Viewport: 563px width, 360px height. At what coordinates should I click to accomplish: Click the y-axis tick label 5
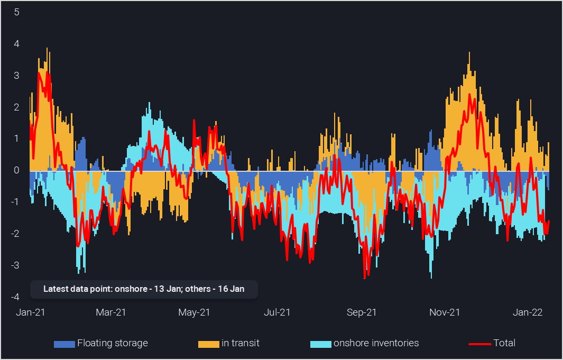click(x=16, y=12)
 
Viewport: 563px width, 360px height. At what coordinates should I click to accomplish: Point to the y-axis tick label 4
click(x=16, y=44)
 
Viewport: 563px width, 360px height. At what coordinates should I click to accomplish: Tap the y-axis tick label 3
click(x=16, y=76)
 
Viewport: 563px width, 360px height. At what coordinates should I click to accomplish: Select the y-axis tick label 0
click(x=16, y=170)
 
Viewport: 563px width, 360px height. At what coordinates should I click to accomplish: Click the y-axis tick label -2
click(x=15, y=234)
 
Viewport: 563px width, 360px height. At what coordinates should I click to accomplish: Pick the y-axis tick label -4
click(x=15, y=297)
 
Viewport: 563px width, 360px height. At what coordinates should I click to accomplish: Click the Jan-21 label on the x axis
click(x=31, y=312)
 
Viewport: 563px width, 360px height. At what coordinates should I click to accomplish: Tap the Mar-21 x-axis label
click(x=110, y=312)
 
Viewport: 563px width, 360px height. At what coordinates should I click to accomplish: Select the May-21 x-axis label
click(x=195, y=312)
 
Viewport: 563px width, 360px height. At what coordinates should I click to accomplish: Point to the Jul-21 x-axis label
click(x=278, y=312)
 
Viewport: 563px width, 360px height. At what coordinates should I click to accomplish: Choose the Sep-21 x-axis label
click(x=362, y=312)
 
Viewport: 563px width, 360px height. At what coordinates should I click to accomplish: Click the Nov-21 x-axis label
click(x=445, y=312)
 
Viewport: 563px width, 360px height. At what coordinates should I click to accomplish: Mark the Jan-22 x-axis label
click(x=528, y=312)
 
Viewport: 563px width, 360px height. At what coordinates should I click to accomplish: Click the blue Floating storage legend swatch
click(x=64, y=344)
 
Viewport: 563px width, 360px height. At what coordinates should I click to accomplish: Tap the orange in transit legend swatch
click(x=209, y=344)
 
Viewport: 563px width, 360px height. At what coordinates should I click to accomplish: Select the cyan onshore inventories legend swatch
click(x=321, y=344)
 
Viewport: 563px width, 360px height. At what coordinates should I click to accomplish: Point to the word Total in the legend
click(x=504, y=343)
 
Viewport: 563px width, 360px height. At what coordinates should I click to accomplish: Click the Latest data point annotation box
click(x=144, y=289)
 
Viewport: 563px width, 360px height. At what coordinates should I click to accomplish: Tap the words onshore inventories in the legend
click(x=376, y=343)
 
